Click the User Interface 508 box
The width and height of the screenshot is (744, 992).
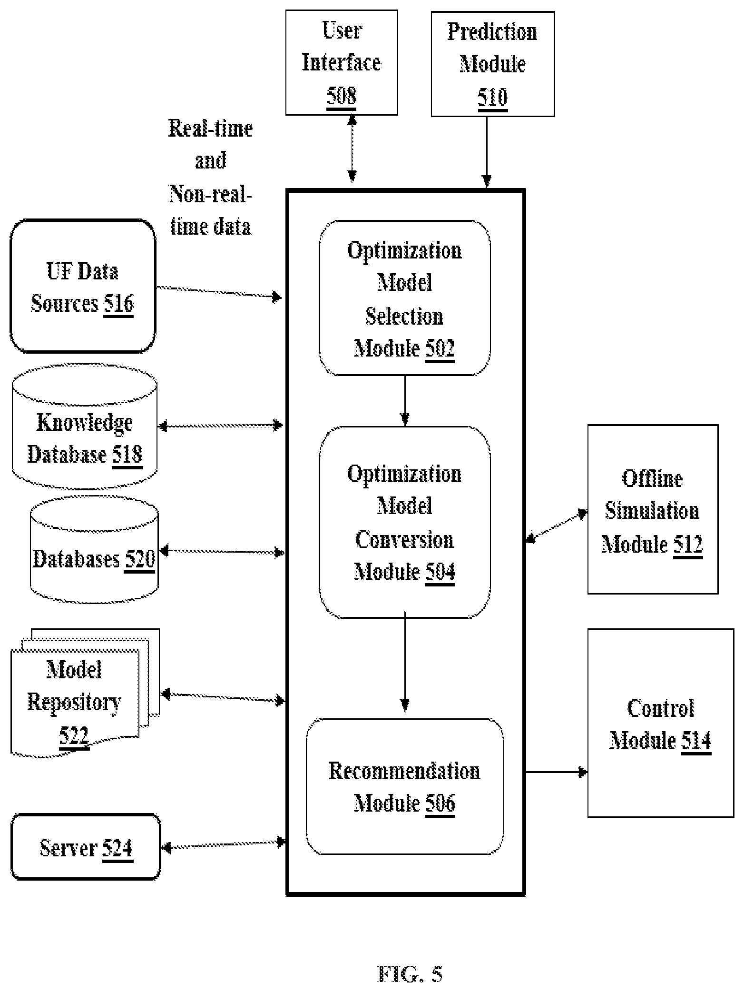click(342, 62)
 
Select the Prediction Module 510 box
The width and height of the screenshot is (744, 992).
click(492, 64)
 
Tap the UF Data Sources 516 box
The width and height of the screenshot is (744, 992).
click(83, 286)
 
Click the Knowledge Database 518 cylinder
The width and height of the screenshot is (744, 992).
click(84, 427)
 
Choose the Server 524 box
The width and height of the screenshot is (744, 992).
click(86, 847)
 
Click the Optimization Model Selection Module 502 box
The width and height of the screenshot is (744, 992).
click(404, 298)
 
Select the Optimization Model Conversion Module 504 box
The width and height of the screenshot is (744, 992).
click(404, 522)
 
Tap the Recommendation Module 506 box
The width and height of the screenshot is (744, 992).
click(404, 786)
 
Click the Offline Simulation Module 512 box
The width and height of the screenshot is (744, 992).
click(653, 509)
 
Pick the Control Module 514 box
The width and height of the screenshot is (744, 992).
click(661, 723)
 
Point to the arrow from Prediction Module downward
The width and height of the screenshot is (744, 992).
click(487, 152)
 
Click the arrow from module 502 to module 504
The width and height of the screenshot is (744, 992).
click(405, 400)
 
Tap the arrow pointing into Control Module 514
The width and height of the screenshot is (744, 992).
click(557, 772)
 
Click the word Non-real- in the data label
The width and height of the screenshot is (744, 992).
click(210, 194)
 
